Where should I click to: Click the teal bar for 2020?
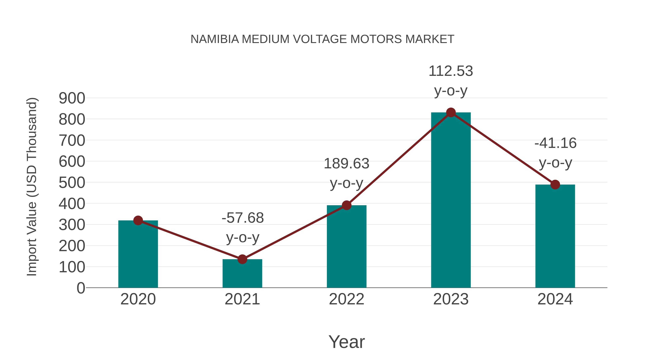tap(138, 254)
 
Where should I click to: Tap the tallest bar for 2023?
tap(451, 200)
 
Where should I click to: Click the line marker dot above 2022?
tap(347, 205)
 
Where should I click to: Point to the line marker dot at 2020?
tap(138, 220)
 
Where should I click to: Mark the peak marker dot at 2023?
tap(451, 112)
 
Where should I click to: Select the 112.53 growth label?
tap(451, 71)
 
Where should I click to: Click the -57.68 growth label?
tap(243, 218)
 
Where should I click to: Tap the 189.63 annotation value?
tap(347, 164)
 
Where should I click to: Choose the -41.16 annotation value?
tap(555, 143)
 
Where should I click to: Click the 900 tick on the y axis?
tap(72, 98)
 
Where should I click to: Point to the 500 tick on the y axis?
tap(72, 183)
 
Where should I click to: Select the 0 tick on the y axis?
tap(81, 288)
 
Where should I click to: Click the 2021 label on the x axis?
tap(242, 299)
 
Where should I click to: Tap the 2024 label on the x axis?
tap(555, 299)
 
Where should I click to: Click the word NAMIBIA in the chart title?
tap(215, 39)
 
